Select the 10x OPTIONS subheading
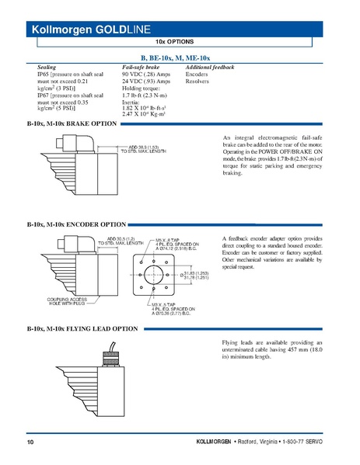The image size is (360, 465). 180,41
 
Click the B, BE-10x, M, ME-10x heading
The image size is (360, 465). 180,58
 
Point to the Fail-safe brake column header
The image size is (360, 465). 141,68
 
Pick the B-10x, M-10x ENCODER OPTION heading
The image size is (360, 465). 76,224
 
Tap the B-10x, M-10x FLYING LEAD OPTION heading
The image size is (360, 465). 82,329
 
